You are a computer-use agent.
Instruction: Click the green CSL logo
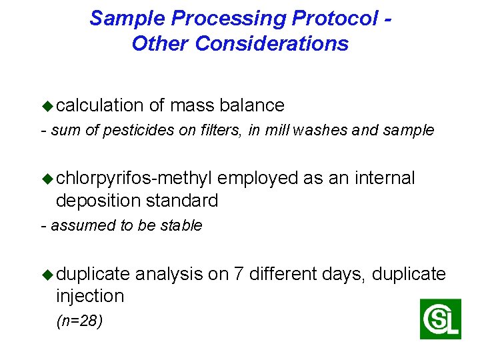pos(440,319)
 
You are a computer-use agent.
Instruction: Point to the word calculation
pos(100,105)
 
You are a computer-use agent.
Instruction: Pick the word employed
pos(258,178)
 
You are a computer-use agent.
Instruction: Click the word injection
pos(90,295)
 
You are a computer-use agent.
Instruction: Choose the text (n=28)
pos(79,321)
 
